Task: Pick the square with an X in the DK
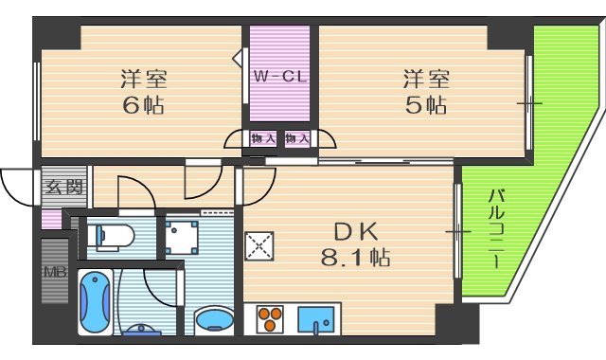(x=258, y=245)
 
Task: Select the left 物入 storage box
(x=262, y=139)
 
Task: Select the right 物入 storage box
(x=296, y=139)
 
